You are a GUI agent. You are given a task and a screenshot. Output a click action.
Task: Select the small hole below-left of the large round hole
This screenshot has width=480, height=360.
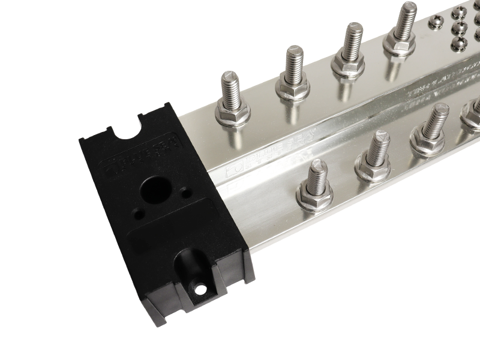click(x=139, y=211)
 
